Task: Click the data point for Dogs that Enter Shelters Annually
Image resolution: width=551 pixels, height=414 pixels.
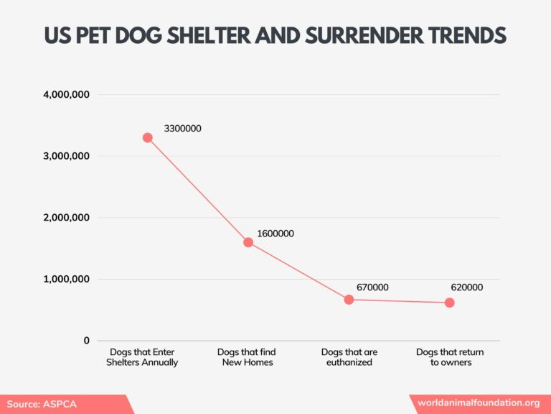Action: coord(147,137)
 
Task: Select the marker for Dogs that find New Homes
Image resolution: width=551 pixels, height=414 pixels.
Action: coord(248,242)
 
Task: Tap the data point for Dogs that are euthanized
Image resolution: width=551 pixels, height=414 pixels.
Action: coord(349,299)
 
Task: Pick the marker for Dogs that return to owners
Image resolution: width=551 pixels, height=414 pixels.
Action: coord(449,303)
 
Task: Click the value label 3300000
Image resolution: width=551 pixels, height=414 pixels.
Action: coord(182,129)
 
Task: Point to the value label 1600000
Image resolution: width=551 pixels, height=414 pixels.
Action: coord(275,234)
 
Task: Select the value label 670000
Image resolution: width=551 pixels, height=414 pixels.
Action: coord(372,287)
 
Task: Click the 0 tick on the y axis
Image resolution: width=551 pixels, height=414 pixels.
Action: coord(86,341)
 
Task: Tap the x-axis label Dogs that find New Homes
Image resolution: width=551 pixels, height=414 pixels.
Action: coord(246,357)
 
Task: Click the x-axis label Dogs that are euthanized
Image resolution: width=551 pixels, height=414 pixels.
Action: coord(349,357)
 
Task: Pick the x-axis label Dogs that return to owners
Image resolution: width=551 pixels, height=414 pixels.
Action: coord(450,357)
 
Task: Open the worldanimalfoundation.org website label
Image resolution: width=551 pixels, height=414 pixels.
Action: coord(479,403)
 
